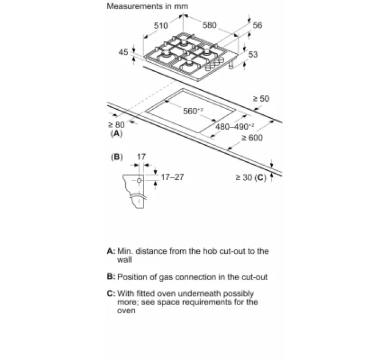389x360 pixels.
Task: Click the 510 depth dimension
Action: (x=161, y=26)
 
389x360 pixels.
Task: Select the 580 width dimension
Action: (x=209, y=25)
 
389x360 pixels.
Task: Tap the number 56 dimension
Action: (x=257, y=25)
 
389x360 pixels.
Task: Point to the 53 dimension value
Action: (x=253, y=54)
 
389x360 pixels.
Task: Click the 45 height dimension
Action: (x=124, y=52)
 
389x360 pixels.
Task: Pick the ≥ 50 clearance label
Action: (x=261, y=99)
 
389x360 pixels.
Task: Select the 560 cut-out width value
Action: (x=193, y=111)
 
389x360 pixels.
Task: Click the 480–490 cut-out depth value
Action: (x=234, y=127)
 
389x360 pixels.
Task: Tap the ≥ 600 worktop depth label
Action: (x=252, y=138)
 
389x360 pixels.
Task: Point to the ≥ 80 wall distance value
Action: (x=116, y=125)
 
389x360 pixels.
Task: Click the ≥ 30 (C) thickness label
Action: (x=251, y=177)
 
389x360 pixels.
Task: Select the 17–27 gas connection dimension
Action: (x=172, y=177)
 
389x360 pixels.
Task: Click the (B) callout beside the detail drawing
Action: (x=117, y=157)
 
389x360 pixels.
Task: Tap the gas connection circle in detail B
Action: (x=139, y=181)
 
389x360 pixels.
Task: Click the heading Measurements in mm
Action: (x=148, y=6)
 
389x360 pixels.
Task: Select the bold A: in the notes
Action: (x=111, y=251)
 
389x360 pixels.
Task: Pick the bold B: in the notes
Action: (x=111, y=277)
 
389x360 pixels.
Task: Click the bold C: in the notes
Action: (x=111, y=293)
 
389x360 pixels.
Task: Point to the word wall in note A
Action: (x=124, y=259)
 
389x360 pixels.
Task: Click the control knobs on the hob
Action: (x=215, y=64)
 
